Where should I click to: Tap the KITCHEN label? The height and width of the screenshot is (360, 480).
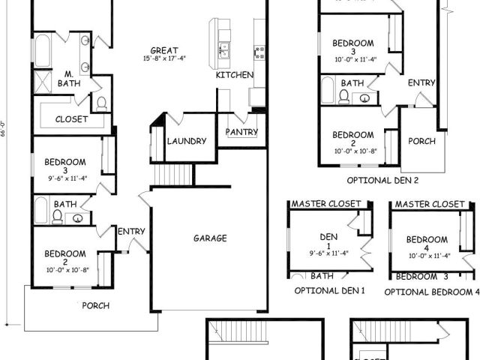[234, 75]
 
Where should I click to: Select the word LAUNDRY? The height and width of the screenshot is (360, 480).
[187, 140]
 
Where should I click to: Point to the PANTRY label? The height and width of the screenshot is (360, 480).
[241, 132]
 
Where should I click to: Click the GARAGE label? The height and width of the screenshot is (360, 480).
[210, 238]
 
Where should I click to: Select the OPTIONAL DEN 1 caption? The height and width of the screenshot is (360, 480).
[329, 290]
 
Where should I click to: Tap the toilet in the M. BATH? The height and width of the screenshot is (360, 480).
[101, 103]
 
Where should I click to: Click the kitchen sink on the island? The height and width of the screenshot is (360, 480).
[223, 51]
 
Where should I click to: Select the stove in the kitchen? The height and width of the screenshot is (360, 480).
[259, 51]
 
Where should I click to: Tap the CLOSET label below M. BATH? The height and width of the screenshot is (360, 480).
[71, 119]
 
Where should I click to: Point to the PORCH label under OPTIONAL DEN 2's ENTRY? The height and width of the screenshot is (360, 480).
[421, 140]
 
